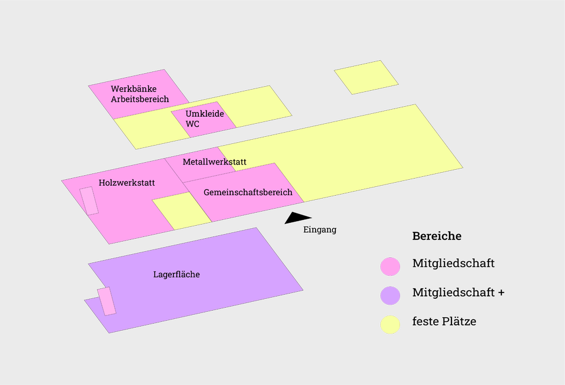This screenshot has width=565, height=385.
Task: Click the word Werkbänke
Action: pyautogui.click(x=134, y=89)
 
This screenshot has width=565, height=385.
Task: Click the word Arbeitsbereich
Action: pyautogui.click(x=139, y=99)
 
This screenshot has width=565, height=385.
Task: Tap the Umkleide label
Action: pyautogui.click(x=205, y=114)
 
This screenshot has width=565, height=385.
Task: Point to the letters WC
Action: pyautogui.click(x=192, y=124)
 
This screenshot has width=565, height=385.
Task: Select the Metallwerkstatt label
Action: pyautogui.click(x=214, y=162)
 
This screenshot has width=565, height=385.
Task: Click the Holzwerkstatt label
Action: pyautogui.click(x=127, y=183)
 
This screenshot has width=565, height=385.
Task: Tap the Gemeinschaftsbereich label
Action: pyautogui.click(x=248, y=192)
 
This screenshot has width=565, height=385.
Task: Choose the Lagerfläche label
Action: pyautogui.click(x=177, y=274)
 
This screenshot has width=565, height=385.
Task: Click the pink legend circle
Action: pyautogui.click(x=390, y=266)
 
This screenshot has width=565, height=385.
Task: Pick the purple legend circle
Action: pyautogui.click(x=390, y=295)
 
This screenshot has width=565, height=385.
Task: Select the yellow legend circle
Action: pyautogui.click(x=390, y=325)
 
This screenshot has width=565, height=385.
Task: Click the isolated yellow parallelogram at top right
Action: pyautogui.click(x=366, y=77)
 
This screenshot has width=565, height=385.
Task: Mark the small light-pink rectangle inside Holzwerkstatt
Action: pyautogui.click(x=89, y=200)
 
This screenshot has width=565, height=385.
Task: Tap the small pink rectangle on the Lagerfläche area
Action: pyautogui.click(x=107, y=301)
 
